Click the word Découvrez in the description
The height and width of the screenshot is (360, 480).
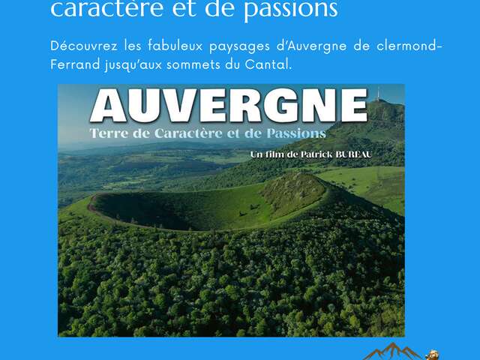coord(78,47)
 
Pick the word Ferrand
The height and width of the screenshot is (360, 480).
coord(73,65)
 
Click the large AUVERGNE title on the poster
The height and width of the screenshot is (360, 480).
coord(228,106)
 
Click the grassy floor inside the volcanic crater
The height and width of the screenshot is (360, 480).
coord(180,208)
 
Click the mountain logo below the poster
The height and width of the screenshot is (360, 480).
coord(392,352)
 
